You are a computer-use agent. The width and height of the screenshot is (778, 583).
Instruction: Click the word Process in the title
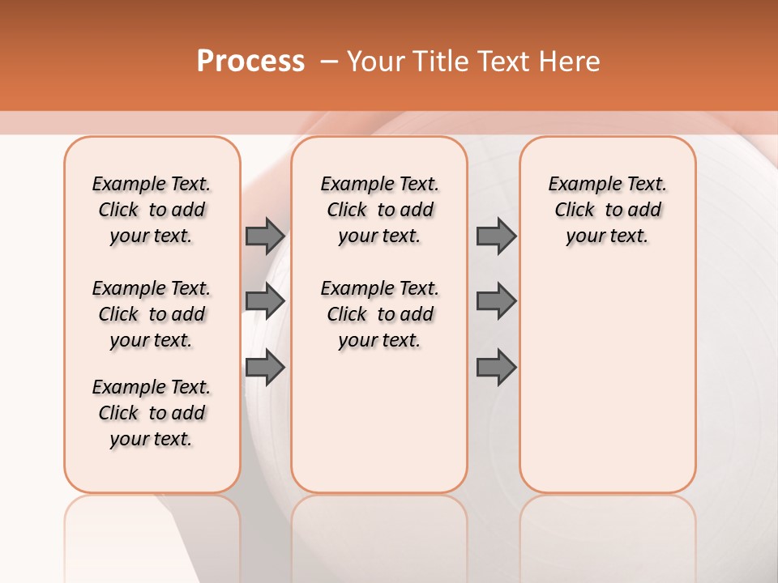[250, 61]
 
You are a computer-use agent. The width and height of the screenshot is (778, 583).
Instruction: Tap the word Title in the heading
[438, 61]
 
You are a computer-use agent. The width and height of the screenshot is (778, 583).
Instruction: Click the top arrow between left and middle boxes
[265, 236]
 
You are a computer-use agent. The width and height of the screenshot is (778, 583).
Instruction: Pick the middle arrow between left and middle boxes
[265, 301]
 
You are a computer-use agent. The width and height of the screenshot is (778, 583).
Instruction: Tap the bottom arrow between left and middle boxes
[265, 368]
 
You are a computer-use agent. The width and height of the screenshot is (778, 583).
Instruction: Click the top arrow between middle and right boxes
[496, 236]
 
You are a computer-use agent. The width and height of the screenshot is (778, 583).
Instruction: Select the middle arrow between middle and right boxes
[496, 301]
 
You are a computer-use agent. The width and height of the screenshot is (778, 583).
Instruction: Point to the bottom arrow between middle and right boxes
[496, 368]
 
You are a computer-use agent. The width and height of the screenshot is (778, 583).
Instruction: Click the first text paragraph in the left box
[152, 210]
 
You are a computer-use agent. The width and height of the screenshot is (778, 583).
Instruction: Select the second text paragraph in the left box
[152, 314]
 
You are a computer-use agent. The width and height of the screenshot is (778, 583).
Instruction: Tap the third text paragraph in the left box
[152, 413]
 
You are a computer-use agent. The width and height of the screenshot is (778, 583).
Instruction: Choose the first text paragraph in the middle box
[379, 210]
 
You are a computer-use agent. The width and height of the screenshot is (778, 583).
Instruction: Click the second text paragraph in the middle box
[379, 314]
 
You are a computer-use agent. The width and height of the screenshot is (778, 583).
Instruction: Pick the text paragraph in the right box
[607, 210]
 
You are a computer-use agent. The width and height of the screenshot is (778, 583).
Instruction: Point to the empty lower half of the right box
[607, 389]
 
